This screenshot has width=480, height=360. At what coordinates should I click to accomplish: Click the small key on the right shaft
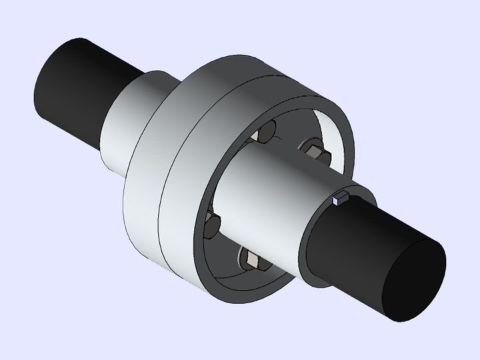pos(341,197)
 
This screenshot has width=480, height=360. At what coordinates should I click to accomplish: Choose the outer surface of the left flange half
pos(143,200)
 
